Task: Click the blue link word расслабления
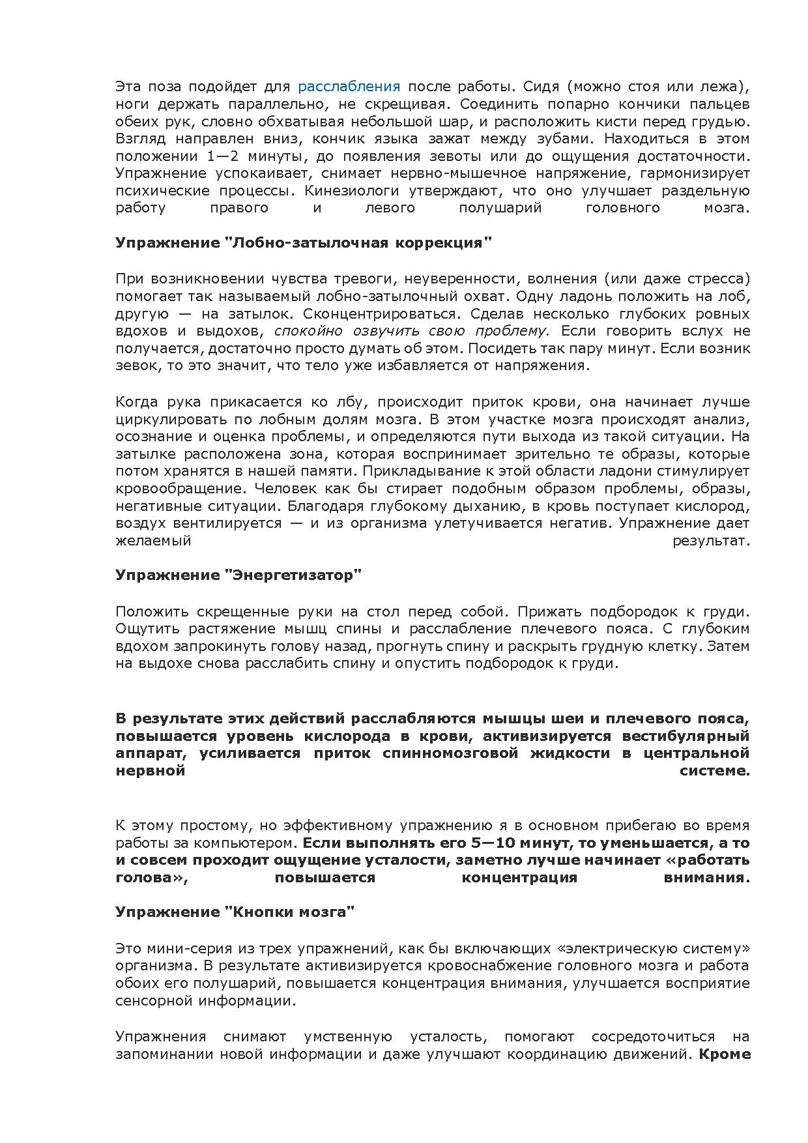point(349,87)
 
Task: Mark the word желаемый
point(153,540)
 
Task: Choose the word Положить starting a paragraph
point(148,612)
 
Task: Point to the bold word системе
point(715,771)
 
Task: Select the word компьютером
point(253,843)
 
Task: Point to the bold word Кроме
point(724,1054)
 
